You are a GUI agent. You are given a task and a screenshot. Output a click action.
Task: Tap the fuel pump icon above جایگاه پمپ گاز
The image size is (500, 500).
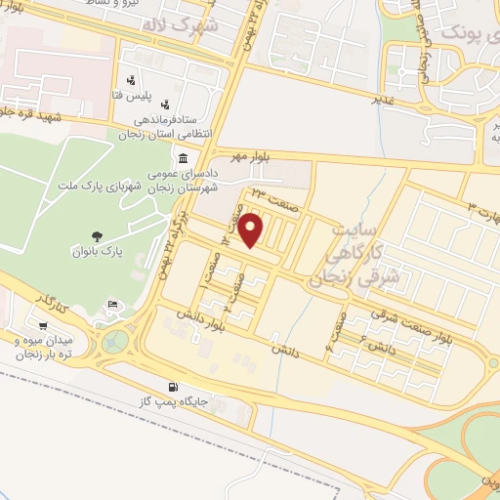[x=175, y=386]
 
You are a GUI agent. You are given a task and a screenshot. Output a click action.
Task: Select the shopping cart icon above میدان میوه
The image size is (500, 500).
[x=42, y=325]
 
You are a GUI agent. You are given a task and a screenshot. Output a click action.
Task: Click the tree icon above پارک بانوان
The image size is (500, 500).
[x=96, y=233]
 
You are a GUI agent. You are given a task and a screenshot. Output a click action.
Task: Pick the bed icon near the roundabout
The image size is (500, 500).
[x=113, y=306]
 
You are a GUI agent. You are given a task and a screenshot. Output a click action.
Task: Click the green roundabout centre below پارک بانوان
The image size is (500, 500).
[x=117, y=342]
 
